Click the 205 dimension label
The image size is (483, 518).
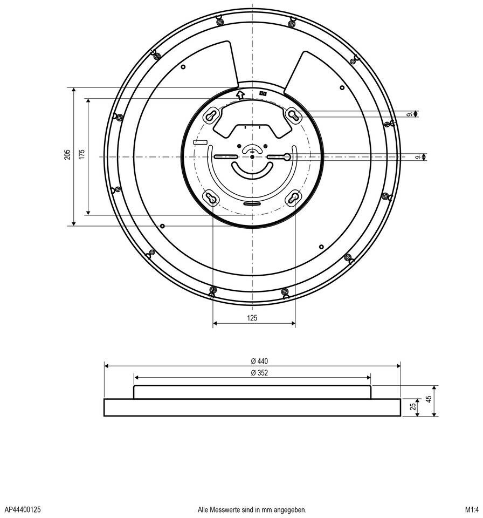pyautogui.click(x=67, y=155)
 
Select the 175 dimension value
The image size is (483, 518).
pyautogui.click(x=82, y=155)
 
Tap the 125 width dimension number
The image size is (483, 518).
pyautogui.click(x=252, y=318)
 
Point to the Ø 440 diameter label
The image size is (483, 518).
pyautogui.click(x=259, y=361)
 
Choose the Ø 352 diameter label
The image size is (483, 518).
pyautogui.click(x=259, y=373)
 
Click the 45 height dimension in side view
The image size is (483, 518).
pyautogui.click(x=429, y=400)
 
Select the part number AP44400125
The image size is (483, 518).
pyautogui.click(x=23, y=509)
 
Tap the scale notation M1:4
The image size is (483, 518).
pyautogui.click(x=472, y=509)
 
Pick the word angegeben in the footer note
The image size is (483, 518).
pyautogui.click(x=291, y=509)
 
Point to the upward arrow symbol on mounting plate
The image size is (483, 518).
pyautogui.click(x=240, y=94)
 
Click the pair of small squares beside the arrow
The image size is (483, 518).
pyautogui.click(x=263, y=93)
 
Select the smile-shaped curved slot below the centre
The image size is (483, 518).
pyautogui.click(x=252, y=170)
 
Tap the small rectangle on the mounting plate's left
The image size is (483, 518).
pyautogui.click(x=200, y=142)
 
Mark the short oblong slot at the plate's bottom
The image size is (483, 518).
pyautogui.click(x=252, y=205)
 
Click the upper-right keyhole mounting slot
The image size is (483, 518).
pyautogui.click(x=293, y=115)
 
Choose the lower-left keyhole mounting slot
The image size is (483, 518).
pyautogui.click(x=211, y=198)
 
